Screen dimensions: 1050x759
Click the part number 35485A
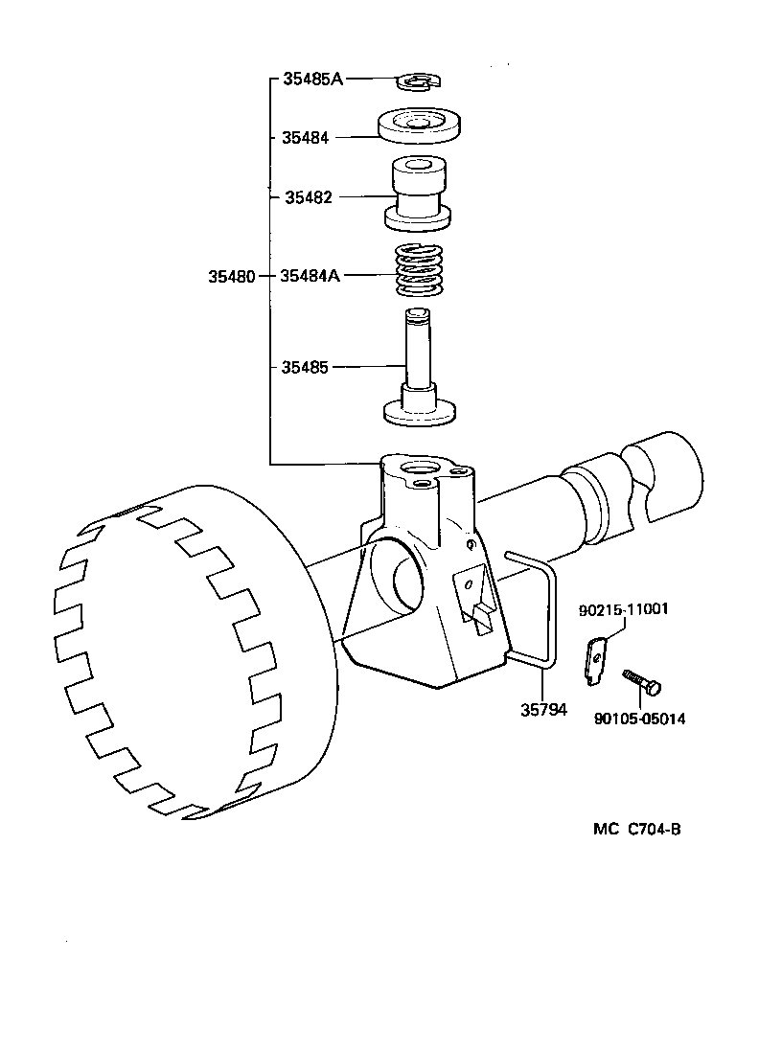(x=311, y=80)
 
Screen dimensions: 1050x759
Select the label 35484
(x=305, y=138)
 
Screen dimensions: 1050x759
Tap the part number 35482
(x=308, y=197)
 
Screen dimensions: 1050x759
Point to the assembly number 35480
(x=231, y=276)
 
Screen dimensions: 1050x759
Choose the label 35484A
(x=310, y=276)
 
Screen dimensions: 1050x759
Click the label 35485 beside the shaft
(x=305, y=367)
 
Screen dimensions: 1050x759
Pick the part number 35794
(x=543, y=710)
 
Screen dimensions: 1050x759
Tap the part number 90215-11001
(x=623, y=609)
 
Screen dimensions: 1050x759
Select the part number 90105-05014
(x=639, y=719)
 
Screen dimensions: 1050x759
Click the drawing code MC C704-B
(x=636, y=830)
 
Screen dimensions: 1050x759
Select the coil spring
(x=419, y=271)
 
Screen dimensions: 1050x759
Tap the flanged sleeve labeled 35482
(x=419, y=194)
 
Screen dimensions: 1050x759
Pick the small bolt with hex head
(x=642, y=683)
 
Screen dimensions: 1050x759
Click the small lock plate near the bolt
(x=595, y=662)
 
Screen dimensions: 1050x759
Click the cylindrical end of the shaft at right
(x=666, y=474)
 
